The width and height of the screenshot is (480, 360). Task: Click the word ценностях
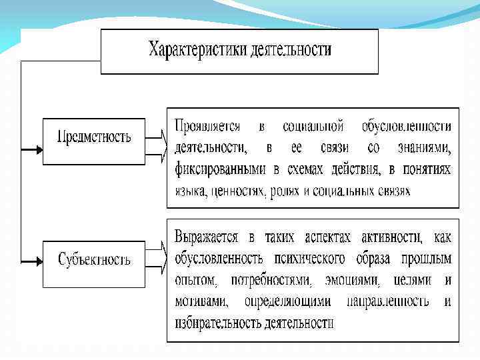(236, 191)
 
